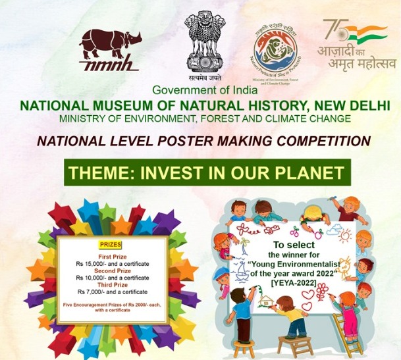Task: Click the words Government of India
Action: [201, 90]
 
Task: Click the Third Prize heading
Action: [111, 285]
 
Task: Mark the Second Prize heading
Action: [111, 271]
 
